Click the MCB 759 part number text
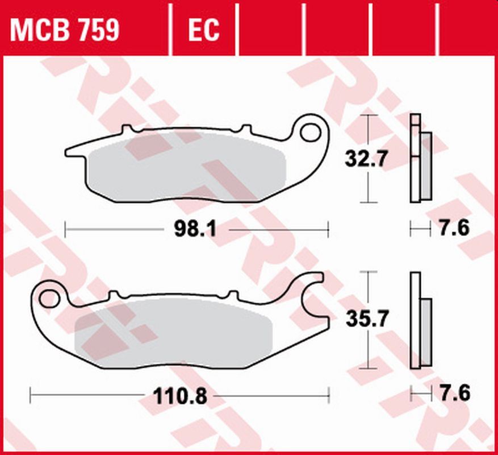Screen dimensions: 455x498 tap(65, 30)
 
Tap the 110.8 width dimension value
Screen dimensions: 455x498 tap(181, 394)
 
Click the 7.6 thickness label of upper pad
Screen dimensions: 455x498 tap(454, 229)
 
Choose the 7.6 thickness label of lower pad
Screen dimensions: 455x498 tap(454, 394)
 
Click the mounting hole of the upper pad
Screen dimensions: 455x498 tap(310, 132)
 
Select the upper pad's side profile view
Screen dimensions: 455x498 tap(420, 159)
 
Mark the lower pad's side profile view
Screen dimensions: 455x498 tap(420, 320)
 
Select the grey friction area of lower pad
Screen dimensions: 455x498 tap(170, 333)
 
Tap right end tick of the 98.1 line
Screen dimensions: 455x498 tap(328, 230)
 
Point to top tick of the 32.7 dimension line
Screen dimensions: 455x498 tap(369, 115)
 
